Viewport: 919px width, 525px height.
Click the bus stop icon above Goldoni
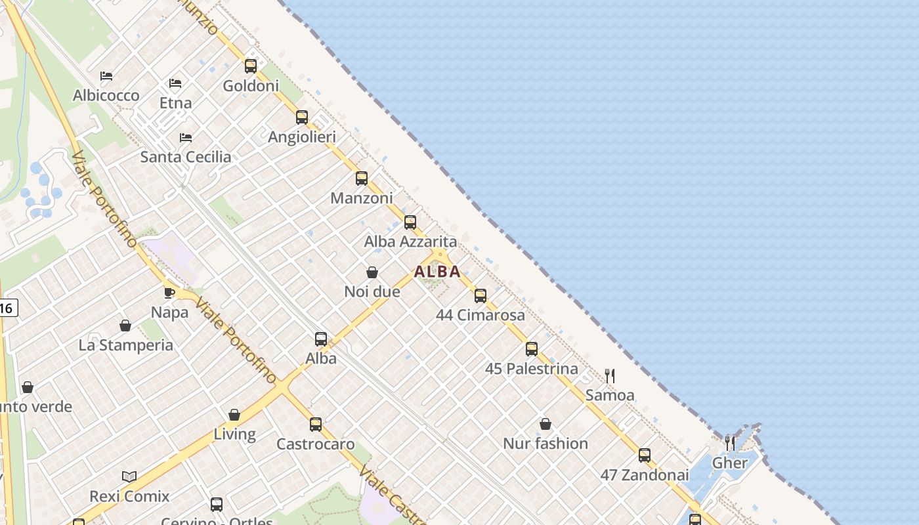click(x=250, y=66)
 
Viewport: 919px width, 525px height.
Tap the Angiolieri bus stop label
click(x=302, y=137)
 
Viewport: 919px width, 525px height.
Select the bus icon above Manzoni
click(x=361, y=178)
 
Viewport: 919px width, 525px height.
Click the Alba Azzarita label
click(x=410, y=241)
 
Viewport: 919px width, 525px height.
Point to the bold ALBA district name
click(x=437, y=272)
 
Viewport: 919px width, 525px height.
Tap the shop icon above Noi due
click(x=372, y=272)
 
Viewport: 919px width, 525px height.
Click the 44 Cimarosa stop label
click(x=481, y=315)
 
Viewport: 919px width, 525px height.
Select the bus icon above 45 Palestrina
click(x=532, y=349)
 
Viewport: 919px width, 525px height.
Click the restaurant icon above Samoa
click(x=610, y=375)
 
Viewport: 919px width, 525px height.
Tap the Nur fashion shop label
click(x=545, y=444)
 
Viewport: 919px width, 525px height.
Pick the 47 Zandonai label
click(x=645, y=475)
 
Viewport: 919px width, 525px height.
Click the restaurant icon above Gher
click(x=729, y=443)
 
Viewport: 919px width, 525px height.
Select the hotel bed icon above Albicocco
click(x=106, y=76)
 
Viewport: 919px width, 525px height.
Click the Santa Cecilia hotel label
click(x=186, y=157)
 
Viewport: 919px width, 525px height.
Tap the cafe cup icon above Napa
click(x=169, y=293)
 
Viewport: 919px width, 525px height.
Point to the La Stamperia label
click(x=126, y=345)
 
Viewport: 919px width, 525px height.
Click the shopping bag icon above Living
click(x=234, y=415)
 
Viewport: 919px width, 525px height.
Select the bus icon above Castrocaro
click(x=316, y=424)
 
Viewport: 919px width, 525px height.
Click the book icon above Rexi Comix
click(x=129, y=476)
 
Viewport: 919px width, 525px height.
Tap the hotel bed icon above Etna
click(x=175, y=83)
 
